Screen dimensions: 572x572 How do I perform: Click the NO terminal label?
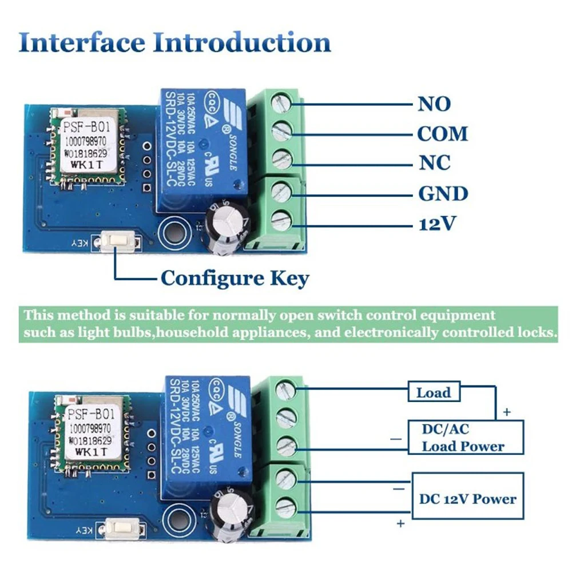pos(434,104)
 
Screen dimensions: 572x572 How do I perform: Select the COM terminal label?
pos(442,134)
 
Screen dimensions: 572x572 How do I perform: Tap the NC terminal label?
pos(434,164)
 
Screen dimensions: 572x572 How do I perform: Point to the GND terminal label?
pos(443,194)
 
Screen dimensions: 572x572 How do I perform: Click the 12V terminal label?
pos(438,224)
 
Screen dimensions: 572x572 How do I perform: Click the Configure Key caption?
pos(235,279)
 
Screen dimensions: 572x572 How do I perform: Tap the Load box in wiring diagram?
pos(433,393)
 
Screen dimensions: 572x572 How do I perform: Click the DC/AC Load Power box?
pos(464,437)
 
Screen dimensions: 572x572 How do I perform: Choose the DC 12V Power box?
pos(468,498)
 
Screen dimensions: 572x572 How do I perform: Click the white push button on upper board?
pos(119,242)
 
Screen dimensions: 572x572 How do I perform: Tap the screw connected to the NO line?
pos(281,102)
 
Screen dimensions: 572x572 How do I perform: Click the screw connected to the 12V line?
pos(281,221)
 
